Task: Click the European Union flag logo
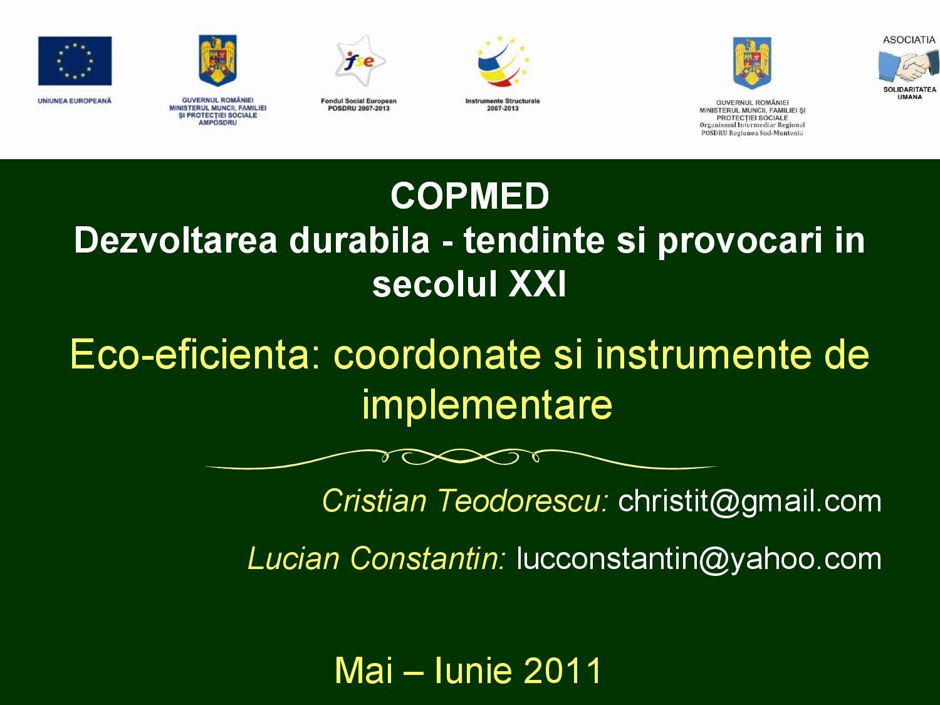[x=75, y=61]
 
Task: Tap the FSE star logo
[x=359, y=61]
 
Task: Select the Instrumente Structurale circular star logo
[x=503, y=61]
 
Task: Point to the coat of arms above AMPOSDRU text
[x=217, y=60]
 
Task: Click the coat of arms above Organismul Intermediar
[x=752, y=63]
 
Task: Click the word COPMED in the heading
[x=469, y=196]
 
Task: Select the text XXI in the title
[x=537, y=284]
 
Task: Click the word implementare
[x=487, y=404]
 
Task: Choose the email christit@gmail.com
[x=749, y=501]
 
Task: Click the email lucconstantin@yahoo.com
[x=699, y=558]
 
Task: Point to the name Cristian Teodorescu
[x=464, y=501]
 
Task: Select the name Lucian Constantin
[x=376, y=558]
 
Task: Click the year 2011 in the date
[x=562, y=671]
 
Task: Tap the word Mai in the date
[x=363, y=671]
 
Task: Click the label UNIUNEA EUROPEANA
[x=75, y=101]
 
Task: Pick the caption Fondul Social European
[x=358, y=101]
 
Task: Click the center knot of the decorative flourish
[x=461, y=457]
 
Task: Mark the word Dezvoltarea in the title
[x=175, y=241]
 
